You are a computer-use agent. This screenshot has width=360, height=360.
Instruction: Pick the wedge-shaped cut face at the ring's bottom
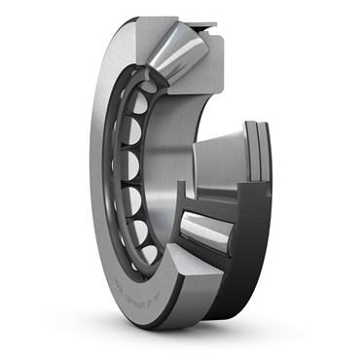[x=190, y=292]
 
